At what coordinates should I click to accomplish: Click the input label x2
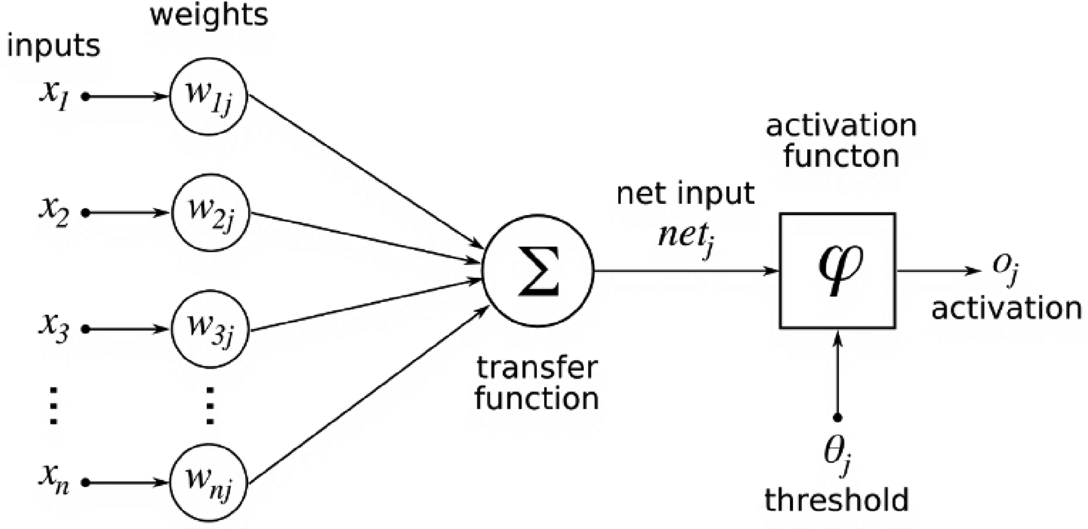click(54, 212)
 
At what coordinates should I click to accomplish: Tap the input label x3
click(54, 329)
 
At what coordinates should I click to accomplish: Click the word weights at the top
click(209, 15)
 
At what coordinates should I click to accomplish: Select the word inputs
click(53, 46)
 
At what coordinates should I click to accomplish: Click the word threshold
click(837, 500)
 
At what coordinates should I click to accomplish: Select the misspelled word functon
click(842, 156)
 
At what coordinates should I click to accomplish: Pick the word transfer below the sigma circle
click(537, 367)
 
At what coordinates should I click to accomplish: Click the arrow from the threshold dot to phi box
click(837, 374)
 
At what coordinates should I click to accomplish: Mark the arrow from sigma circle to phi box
click(687, 271)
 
